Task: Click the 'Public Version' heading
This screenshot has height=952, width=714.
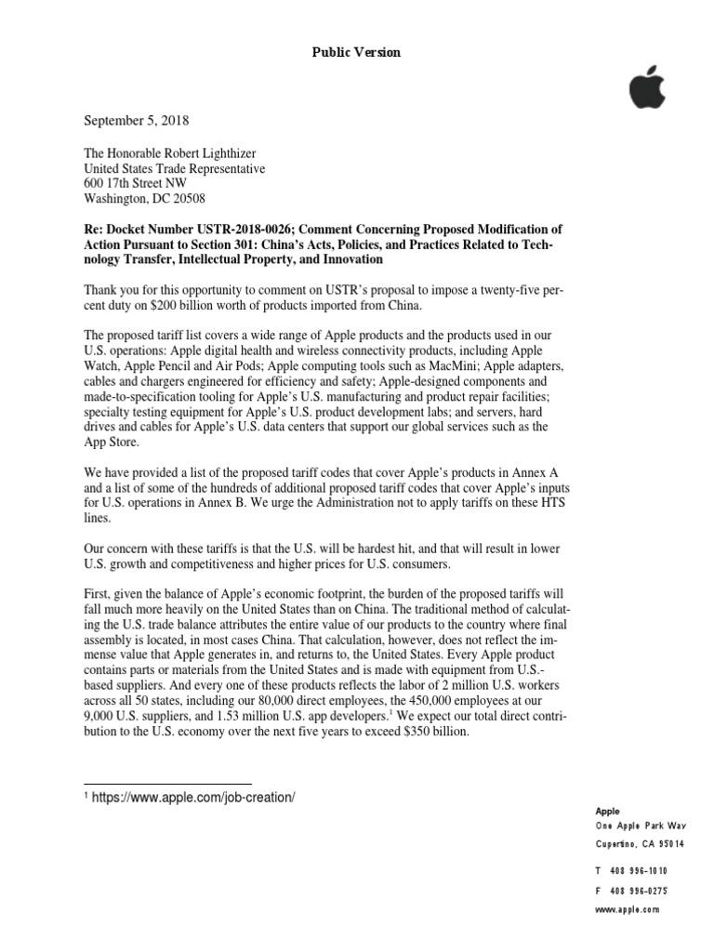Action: point(356,53)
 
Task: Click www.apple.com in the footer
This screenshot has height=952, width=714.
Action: point(628,910)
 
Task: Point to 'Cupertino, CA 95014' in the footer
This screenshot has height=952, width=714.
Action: point(640,844)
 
